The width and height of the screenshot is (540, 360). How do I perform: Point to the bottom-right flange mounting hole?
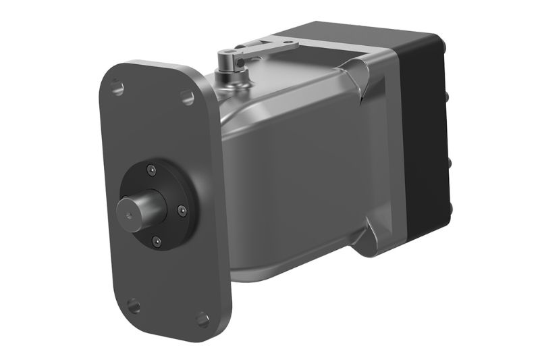coord(202,318)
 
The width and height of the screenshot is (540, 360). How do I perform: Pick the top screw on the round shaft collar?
coord(153,169)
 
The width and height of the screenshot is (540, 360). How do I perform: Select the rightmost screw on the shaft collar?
coord(181,211)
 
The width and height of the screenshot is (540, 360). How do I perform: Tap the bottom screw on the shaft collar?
coord(157,240)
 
